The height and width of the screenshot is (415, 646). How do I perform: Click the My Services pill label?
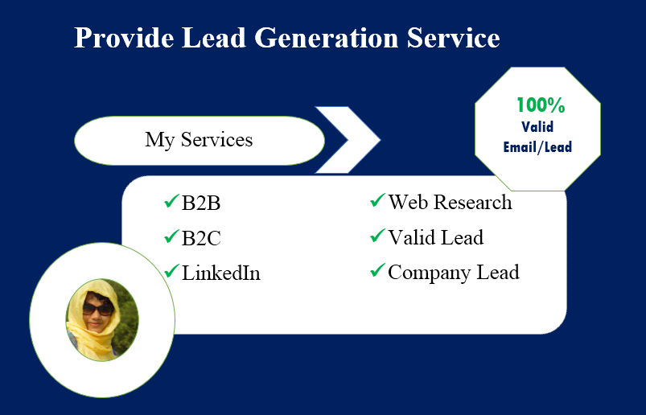pyautogui.click(x=199, y=140)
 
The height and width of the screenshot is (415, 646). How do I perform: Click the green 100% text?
pyautogui.click(x=540, y=105)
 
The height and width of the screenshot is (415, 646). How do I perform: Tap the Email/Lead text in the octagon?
pyautogui.click(x=537, y=147)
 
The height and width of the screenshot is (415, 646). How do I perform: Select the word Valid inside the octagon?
pyautogui.click(x=537, y=126)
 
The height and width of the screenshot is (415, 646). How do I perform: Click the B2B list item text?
pyautogui.click(x=201, y=203)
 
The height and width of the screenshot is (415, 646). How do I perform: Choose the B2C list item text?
pyautogui.click(x=201, y=239)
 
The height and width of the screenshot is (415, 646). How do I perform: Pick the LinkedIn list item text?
pyautogui.click(x=221, y=273)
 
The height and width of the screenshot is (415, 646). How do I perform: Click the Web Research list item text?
pyautogui.click(x=450, y=202)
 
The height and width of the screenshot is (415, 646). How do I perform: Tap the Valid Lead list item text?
pyautogui.click(x=435, y=238)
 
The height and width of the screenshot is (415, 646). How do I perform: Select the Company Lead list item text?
pyautogui.click(x=453, y=273)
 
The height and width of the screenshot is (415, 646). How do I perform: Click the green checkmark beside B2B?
pyautogui.click(x=171, y=201)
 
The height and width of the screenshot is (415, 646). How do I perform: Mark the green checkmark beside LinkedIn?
pyautogui.click(x=171, y=271)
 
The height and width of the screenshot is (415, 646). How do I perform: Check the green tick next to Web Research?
pyautogui.click(x=376, y=200)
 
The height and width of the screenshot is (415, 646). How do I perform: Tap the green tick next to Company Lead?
pyautogui.click(x=376, y=271)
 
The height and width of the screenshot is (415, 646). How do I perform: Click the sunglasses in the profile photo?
pyautogui.click(x=97, y=308)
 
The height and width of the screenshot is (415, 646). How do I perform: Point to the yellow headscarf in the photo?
pyautogui.click(x=81, y=330)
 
